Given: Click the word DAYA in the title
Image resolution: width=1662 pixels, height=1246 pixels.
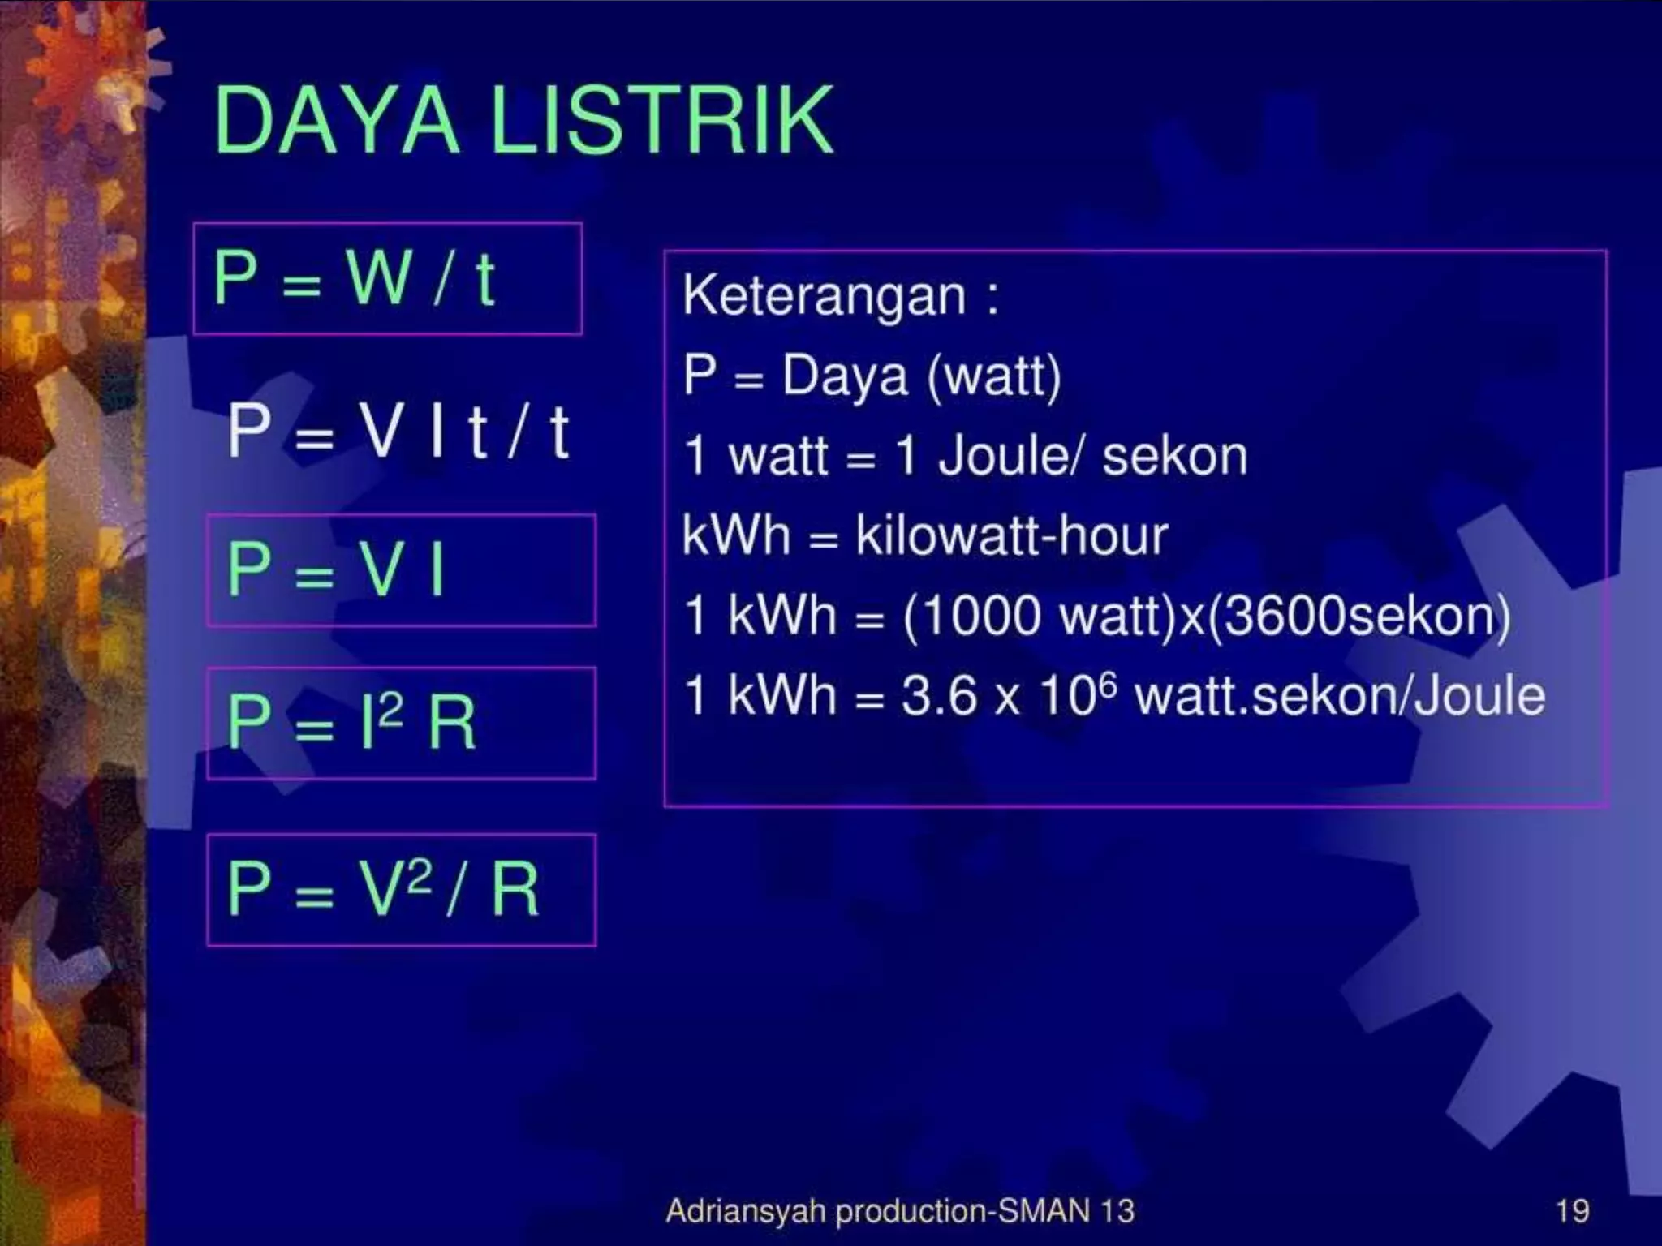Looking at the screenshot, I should [x=336, y=120].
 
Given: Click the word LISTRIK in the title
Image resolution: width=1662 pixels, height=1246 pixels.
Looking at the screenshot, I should [x=661, y=120].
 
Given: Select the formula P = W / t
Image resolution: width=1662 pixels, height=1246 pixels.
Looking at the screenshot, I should [x=354, y=278].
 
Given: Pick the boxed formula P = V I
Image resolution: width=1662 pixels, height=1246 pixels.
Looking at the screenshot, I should [x=336, y=569].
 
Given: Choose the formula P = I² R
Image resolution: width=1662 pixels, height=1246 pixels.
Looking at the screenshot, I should [x=351, y=722].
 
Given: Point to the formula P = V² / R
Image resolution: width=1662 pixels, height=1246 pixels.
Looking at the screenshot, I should [x=383, y=889].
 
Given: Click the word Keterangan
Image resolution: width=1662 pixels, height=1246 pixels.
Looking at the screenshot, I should [x=825, y=296].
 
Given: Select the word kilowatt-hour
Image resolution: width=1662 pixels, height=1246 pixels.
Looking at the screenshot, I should [x=1011, y=535].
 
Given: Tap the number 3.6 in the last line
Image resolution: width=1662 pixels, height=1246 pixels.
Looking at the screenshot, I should [x=938, y=696].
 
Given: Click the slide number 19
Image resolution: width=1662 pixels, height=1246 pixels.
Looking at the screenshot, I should [x=1572, y=1211].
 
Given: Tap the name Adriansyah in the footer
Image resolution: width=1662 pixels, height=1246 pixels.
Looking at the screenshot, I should [x=745, y=1212].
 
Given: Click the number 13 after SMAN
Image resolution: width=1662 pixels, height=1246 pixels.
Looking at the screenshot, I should [x=1117, y=1211].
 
